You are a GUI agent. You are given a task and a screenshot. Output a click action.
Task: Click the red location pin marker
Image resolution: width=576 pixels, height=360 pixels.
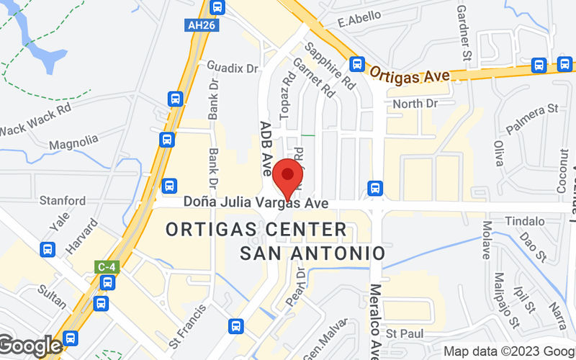288,175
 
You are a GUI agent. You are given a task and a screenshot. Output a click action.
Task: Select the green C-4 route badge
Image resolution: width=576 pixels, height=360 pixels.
106,267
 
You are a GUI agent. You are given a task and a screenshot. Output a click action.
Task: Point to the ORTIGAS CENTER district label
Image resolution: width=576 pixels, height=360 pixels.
256,230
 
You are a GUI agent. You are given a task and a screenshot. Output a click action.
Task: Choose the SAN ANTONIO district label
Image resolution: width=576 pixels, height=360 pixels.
312,253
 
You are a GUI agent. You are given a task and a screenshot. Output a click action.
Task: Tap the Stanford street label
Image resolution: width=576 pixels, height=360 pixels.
63,201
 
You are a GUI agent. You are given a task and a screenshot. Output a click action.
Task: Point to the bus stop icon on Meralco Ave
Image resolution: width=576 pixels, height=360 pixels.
374,188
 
